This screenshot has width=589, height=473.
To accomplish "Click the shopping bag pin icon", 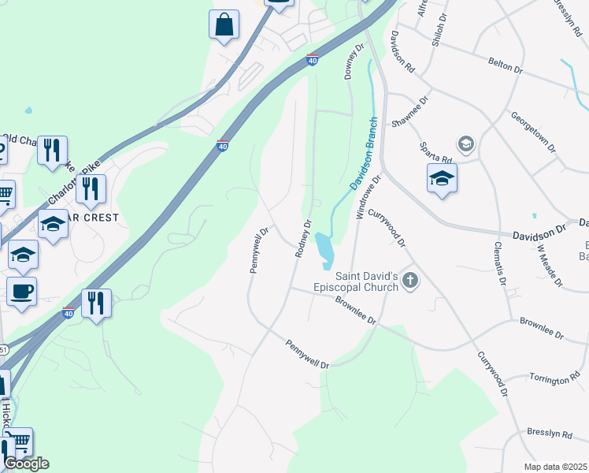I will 224,24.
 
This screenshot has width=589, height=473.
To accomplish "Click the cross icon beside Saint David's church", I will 409,280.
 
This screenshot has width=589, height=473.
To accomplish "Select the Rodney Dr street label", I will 302,239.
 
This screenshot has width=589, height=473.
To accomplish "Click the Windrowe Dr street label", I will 368,196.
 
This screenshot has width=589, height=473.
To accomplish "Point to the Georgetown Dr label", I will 533,131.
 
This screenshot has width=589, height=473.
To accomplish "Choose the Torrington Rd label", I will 559,380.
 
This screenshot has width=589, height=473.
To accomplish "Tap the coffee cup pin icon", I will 21,291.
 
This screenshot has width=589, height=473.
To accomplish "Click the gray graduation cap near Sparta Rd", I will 466,143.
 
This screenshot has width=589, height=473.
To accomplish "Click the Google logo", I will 26,464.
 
